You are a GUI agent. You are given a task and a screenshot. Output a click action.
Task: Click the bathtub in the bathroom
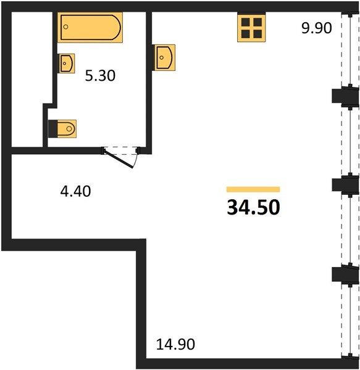(90, 27)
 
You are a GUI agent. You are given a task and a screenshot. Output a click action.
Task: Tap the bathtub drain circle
(66, 27)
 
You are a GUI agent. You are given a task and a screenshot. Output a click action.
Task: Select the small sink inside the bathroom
(66, 64)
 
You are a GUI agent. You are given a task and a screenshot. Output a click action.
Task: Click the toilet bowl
(66, 129)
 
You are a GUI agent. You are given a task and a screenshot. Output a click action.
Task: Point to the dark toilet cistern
(52, 129)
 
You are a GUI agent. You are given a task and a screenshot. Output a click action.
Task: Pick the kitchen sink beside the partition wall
(165, 57)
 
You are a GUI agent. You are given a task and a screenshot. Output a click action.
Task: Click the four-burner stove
(251, 28)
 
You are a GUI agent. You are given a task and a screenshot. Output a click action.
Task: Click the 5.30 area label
(100, 76)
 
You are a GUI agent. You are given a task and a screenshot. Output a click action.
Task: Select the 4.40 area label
(75, 191)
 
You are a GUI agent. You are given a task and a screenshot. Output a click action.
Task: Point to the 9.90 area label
(317, 28)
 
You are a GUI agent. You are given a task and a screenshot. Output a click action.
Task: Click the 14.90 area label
(175, 344)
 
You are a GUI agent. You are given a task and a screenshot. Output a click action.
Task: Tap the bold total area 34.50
(253, 207)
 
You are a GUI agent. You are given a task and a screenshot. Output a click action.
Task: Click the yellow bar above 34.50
(253, 189)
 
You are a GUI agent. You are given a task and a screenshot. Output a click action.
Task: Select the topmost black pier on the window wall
(345, 96)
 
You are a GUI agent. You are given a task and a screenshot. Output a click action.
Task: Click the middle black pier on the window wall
(345, 185)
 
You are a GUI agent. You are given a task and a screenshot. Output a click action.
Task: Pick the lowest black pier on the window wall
(345, 274)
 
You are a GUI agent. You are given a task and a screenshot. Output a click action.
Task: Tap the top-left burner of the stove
(246, 22)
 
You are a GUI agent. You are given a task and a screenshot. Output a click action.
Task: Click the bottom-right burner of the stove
(257, 34)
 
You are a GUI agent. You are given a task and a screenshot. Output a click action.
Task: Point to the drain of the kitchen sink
(162, 57)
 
